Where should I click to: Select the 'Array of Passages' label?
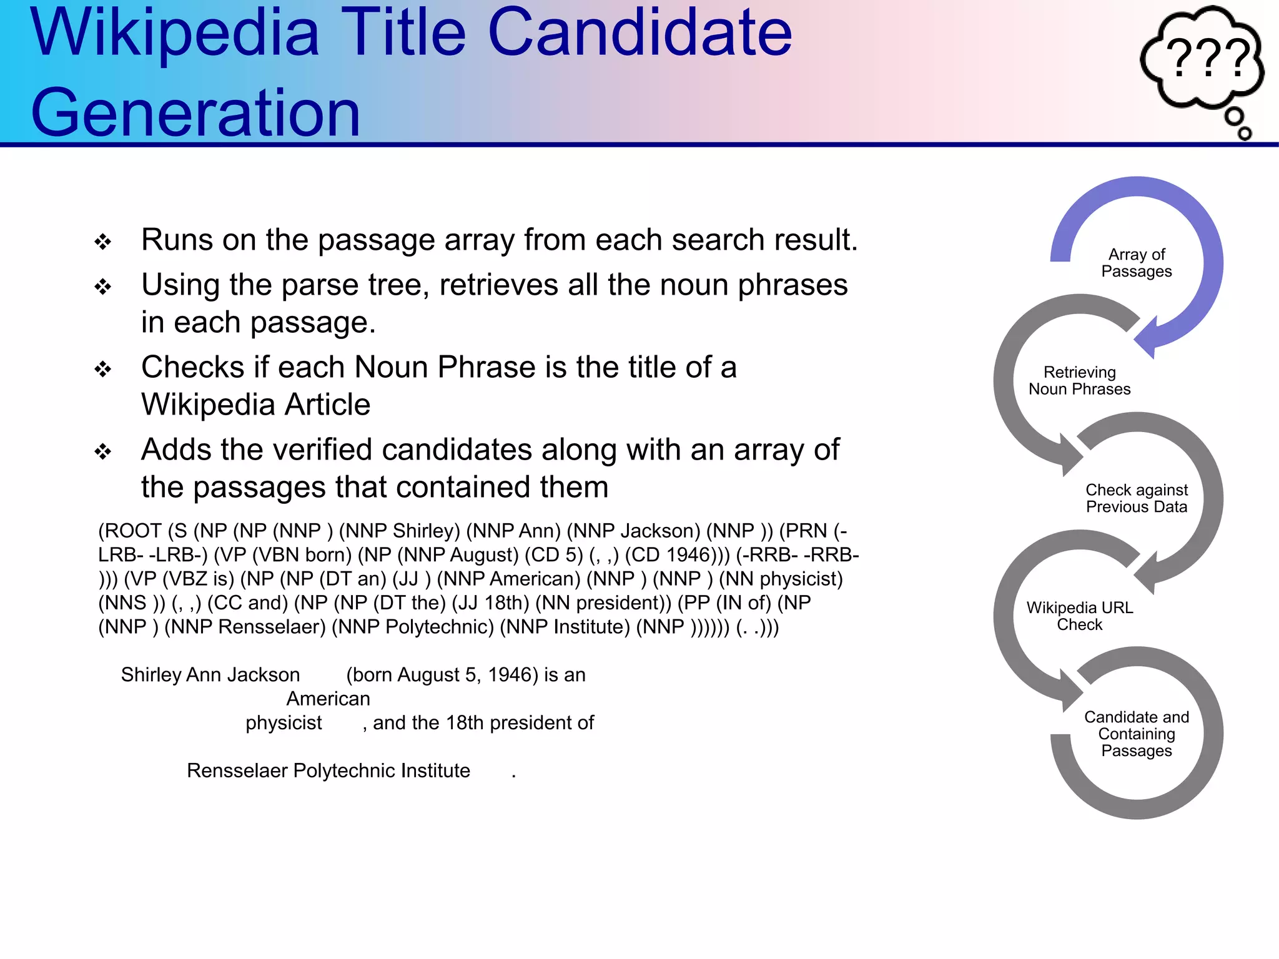click(x=1136, y=263)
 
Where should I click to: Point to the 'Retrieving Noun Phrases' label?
click(x=1079, y=381)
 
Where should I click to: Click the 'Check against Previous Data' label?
click(x=1136, y=498)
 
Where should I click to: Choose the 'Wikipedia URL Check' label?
click(x=1079, y=616)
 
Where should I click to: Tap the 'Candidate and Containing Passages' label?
click(x=1136, y=734)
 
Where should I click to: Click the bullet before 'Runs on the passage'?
click(x=103, y=242)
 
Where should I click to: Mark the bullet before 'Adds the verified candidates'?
click(x=103, y=451)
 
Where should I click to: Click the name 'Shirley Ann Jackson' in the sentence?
click(x=210, y=675)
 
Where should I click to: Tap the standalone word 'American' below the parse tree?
click(x=328, y=699)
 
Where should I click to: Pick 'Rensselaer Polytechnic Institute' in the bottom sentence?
click(x=328, y=771)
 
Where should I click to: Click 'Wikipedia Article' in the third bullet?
click(x=255, y=405)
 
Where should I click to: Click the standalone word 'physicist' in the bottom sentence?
click(x=284, y=723)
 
